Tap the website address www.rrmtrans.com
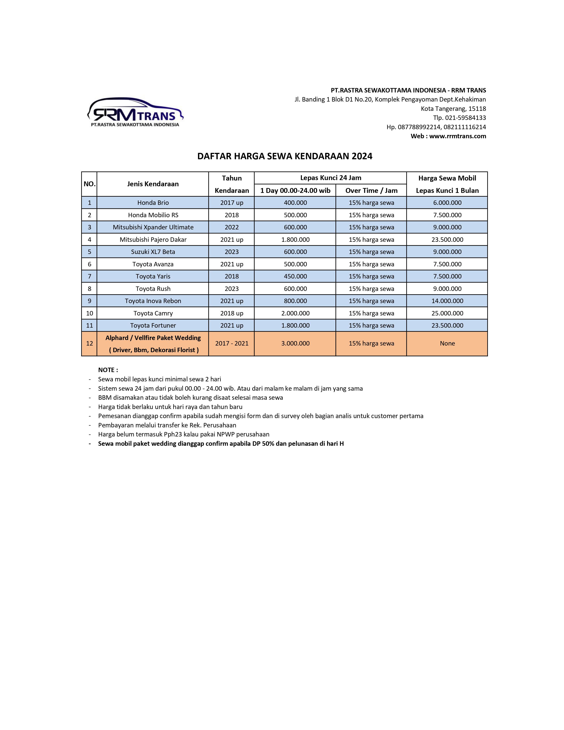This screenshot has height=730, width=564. (x=457, y=136)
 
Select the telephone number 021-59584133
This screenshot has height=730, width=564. (x=465, y=118)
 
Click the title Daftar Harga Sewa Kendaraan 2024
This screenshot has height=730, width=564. (x=285, y=156)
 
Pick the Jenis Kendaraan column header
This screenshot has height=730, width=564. (x=153, y=184)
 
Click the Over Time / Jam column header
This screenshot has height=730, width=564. (x=371, y=190)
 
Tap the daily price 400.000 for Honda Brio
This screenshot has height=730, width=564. (x=295, y=203)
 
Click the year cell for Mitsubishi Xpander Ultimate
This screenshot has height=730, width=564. (x=232, y=227)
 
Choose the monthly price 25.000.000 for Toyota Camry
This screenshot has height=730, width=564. (x=447, y=313)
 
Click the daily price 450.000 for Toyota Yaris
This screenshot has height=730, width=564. (x=295, y=277)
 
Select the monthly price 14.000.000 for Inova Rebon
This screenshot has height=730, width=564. (x=447, y=301)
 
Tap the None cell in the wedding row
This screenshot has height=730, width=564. (x=447, y=343)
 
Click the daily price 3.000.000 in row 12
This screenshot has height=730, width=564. (x=295, y=343)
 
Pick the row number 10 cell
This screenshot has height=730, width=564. (x=89, y=313)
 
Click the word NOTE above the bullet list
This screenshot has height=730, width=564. (x=107, y=370)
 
